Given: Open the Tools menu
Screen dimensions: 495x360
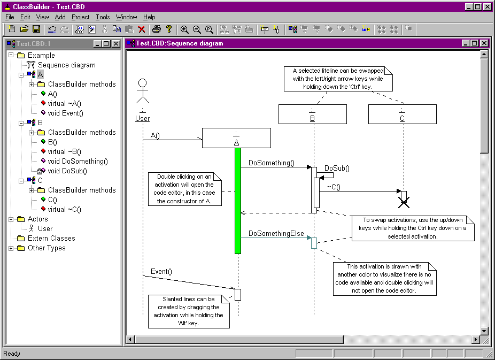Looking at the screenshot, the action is pos(103,17).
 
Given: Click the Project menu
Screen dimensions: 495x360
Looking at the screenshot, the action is pos(81,17).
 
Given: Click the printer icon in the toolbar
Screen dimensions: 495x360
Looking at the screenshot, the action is pos(156,29).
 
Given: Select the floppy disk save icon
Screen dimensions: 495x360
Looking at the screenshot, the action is pos(36,29).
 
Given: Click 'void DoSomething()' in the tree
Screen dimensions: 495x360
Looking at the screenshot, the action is pos(78,162).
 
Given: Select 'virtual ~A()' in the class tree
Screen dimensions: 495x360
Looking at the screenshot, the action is pos(64,104).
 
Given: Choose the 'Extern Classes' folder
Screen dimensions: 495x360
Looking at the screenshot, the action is pos(51,239).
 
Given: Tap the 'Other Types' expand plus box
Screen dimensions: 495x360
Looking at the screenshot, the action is pos(11,248).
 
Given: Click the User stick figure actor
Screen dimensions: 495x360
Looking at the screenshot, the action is pos(143,91).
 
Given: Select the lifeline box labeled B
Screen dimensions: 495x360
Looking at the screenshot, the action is pos(313,114).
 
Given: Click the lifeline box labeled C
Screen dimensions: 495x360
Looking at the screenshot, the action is pos(403,114).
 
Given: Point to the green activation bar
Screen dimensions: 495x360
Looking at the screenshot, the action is pos(238,201).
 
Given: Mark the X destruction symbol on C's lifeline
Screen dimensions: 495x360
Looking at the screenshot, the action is pos(404,202).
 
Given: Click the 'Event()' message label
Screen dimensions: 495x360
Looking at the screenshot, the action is pos(161,272).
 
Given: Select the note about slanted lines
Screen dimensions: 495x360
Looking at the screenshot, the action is pos(189,311).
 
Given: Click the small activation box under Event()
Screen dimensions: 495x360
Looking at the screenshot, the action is pos(238,295).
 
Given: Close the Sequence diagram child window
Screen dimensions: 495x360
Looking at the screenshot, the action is pos(484,43).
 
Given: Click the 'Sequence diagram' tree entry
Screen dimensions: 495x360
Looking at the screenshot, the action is pos(67,65).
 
